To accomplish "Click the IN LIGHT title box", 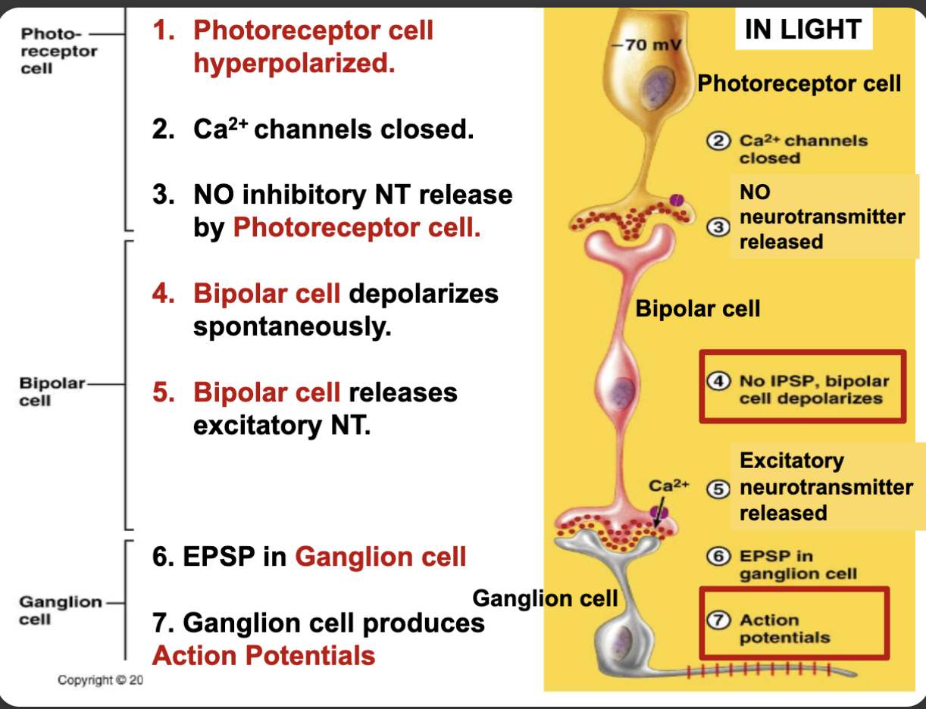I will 802,30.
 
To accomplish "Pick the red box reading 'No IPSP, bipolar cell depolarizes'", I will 802,386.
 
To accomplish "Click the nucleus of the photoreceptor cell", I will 652,86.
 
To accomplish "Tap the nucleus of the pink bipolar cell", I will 623,392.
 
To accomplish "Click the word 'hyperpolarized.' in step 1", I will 294,64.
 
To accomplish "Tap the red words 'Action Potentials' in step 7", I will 264,655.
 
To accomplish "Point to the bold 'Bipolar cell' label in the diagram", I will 697,308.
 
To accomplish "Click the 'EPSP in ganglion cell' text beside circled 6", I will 797,565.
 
